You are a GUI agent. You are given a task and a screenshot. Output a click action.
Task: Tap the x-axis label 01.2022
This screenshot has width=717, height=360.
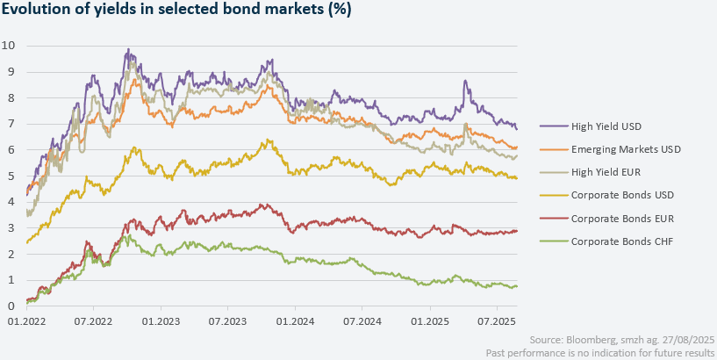[26, 322]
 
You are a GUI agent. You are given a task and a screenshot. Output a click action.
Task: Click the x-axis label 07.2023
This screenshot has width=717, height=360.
[227, 322]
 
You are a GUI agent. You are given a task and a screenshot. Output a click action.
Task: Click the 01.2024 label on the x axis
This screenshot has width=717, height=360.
[296, 322]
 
